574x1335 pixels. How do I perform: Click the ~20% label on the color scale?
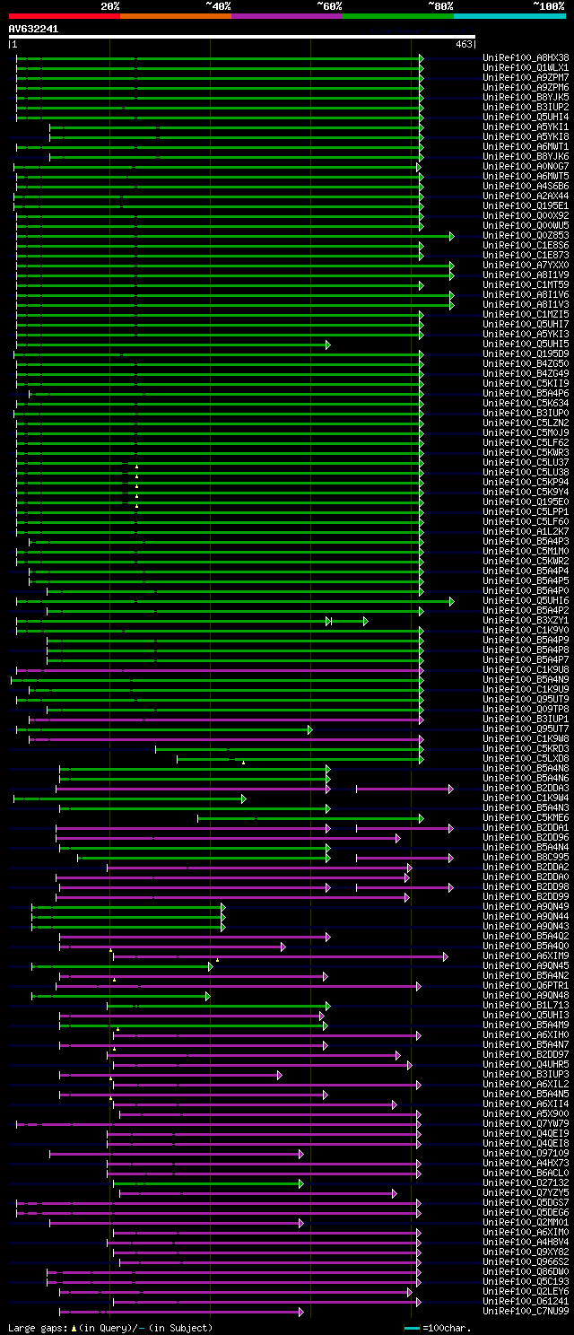(x=109, y=6)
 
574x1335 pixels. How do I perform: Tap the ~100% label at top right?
(x=548, y=6)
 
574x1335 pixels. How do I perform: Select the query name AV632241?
(x=33, y=29)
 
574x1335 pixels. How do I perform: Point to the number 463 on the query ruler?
(x=464, y=44)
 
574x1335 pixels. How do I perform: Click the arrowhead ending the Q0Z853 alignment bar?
(x=452, y=236)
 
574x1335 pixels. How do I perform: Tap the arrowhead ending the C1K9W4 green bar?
(x=243, y=798)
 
